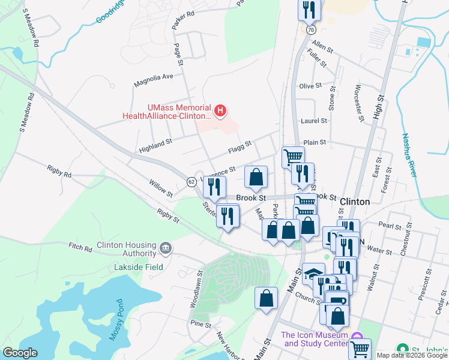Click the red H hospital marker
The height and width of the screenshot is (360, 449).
[221, 110]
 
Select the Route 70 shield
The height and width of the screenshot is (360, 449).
[310, 29]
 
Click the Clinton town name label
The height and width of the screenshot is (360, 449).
[354, 202]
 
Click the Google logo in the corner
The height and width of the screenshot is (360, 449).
[20, 353]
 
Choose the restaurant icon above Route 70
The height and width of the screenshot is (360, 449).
[308, 10]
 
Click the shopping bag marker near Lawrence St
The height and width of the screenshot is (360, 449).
[256, 177]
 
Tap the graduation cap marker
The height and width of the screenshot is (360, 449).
[313, 274]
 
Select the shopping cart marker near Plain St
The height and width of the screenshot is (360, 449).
[292, 157]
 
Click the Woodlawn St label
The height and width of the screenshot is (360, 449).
[196, 288]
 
